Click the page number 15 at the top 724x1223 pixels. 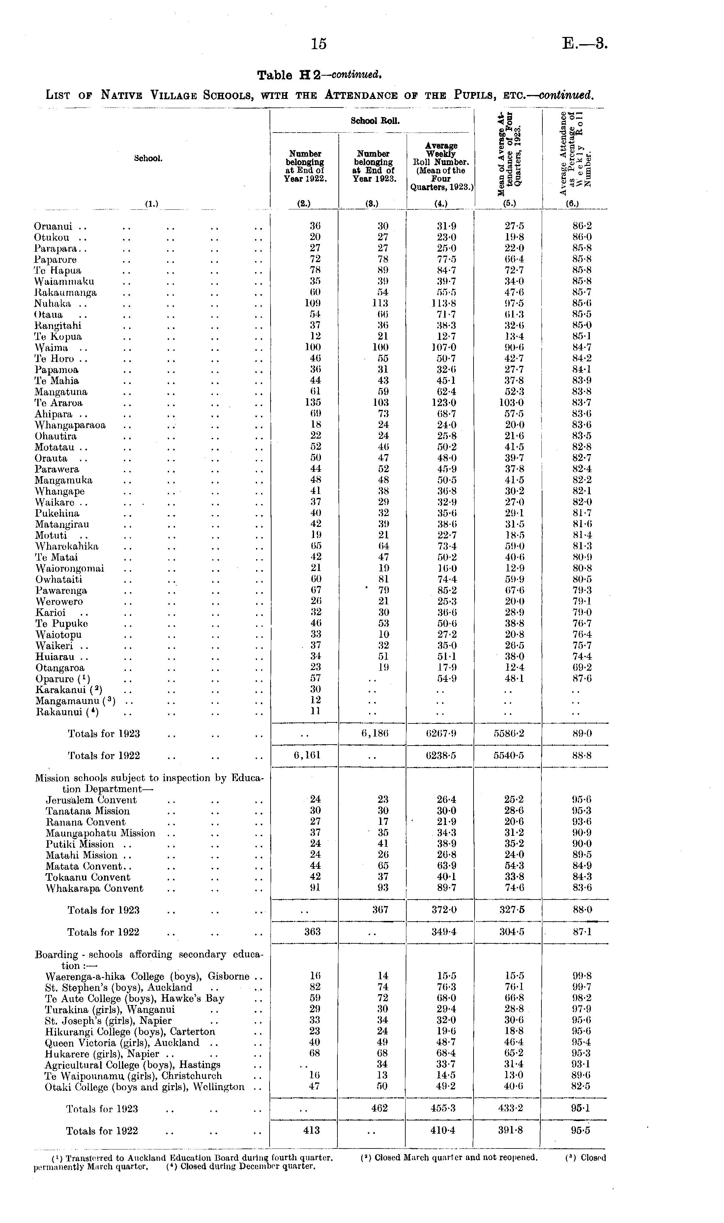pos(319,44)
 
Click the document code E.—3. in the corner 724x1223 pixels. pos(585,44)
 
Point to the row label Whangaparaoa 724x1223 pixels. pos(70,425)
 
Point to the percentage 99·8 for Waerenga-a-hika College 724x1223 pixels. pos(582,976)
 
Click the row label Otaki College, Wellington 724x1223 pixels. pos(144,1087)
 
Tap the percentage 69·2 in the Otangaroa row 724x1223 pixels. pos(582,667)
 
